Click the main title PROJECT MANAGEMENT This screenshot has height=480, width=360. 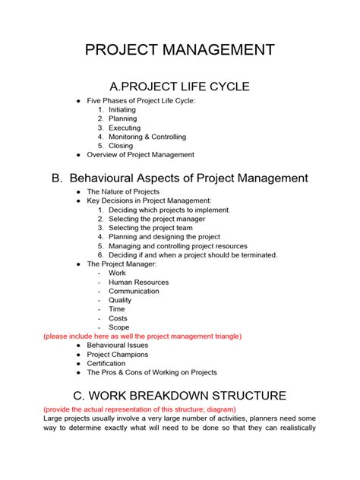(x=180, y=51)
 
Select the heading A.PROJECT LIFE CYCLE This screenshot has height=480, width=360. (x=180, y=86)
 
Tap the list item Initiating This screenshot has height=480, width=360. (x=122, y=110)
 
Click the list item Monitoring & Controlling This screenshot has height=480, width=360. (x=148, y=137)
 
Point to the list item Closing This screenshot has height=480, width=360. (x=121, y=146)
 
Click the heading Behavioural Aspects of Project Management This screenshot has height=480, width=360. (x=180, y=178)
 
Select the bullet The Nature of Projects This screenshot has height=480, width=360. (x=123, y=192)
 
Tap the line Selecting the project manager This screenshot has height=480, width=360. (x=156, y=219)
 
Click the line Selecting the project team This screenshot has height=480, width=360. (x=150, y=228)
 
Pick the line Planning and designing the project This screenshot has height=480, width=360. (x=164, y=237)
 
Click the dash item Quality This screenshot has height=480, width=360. (x=120, y=300)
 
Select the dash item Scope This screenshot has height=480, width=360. (x=119, y=327)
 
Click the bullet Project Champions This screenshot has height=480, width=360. (x=118, y=355)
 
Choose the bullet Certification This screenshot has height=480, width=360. (x=106, y=364)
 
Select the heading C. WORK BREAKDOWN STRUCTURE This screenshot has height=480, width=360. (x=180, y=396)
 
